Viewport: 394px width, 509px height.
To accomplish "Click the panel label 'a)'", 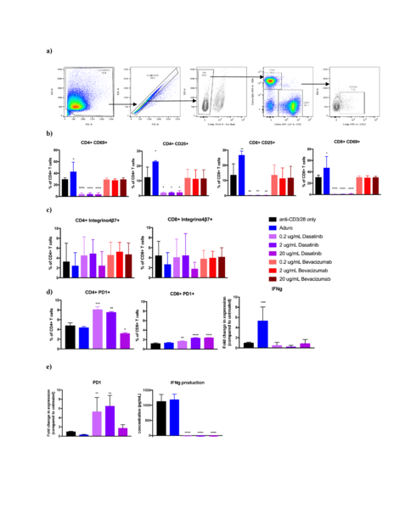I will click(x=49, y=50).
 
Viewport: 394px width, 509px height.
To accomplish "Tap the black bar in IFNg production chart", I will click(x=161, y=417).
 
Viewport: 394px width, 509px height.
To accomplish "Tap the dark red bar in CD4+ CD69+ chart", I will click(x=123, y=187).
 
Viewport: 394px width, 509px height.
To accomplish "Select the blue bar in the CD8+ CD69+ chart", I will click(x=327, y=181).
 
